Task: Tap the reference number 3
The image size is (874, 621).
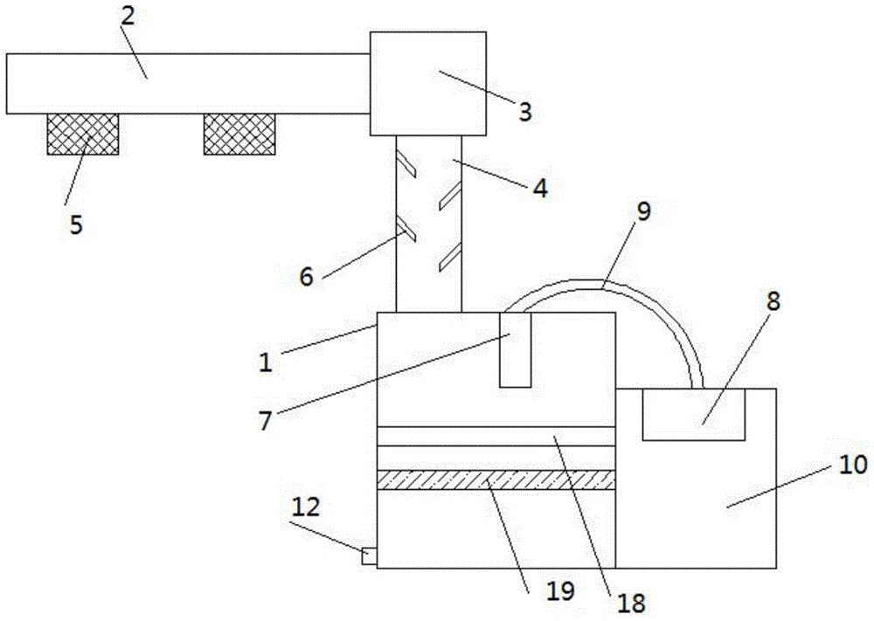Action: pos(524,112)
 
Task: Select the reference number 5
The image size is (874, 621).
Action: pos(76,224)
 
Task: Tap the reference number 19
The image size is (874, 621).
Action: pos(562,591)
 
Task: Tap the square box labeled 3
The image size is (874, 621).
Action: pos(427,84)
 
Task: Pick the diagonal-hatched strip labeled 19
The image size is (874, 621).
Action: pos(495,479)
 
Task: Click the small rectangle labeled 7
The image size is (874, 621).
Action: pos(514,348)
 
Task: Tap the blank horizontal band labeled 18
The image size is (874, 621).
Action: pos(495,436)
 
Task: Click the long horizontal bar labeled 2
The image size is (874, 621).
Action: pos(187,83)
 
